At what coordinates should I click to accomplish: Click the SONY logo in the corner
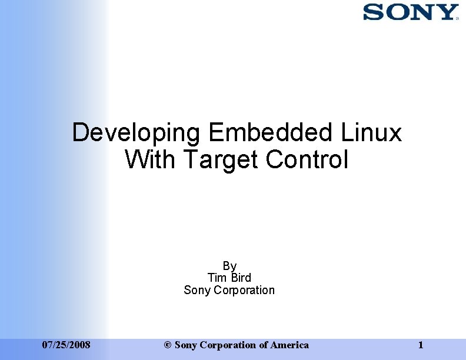click(x=410, y=12)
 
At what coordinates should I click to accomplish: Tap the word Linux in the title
click(x=371, y=133)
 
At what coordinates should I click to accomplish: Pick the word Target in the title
click(x=221, y=159)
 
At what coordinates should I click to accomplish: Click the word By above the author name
click(x=229, y=266)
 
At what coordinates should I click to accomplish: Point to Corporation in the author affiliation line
click(x=244, y=290)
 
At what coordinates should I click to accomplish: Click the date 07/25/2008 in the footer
click(x=66, y=345)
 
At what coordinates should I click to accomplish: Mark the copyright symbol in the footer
click(x=168, y=345)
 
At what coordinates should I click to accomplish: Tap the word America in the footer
click(x=289, y=345)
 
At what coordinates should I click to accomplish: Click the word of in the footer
click(x=264, y=345)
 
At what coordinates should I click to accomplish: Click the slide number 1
click(x=420, y=345)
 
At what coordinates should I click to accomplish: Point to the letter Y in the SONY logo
click(x=447, y=12)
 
